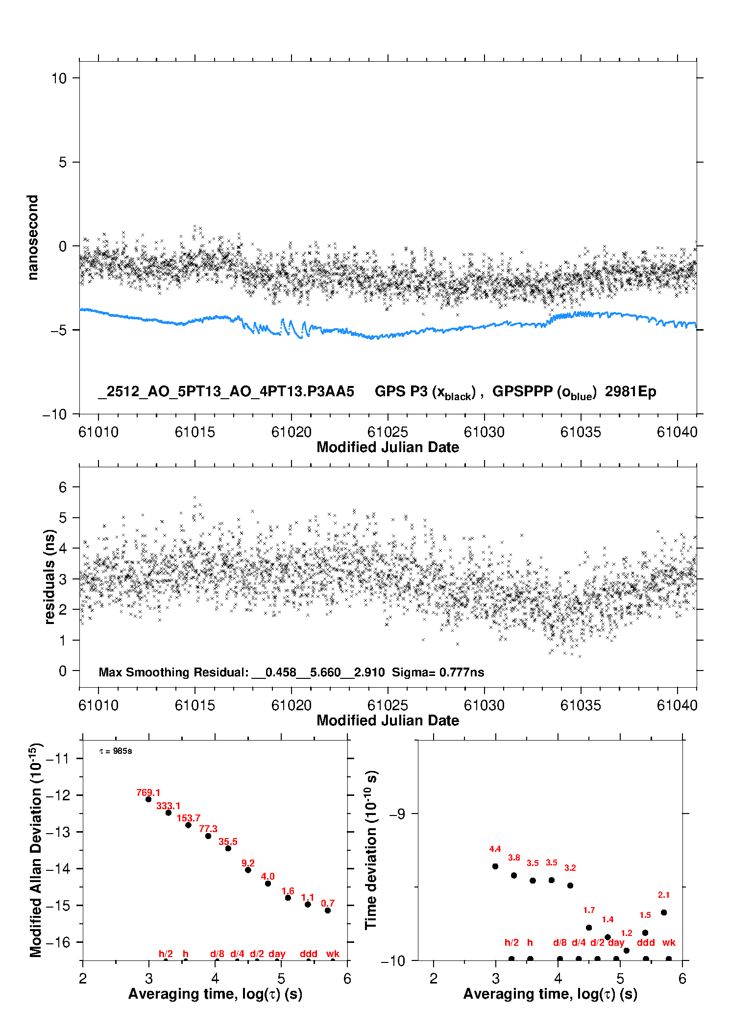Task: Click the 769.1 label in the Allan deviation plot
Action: (148, 792)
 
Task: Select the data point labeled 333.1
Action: (169, 813)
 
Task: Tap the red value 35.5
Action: (228, 841)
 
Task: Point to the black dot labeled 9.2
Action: (248, 870)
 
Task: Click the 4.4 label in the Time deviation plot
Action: (495, 849)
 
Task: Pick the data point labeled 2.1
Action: (664, 912)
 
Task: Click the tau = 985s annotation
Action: (116, 751)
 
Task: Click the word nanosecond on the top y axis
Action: (33, 238)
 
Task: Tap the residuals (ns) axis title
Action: (49, 577)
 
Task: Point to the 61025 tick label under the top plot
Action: (388, 432)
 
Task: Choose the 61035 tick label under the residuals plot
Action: (581, 705)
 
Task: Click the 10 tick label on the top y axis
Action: (59, 78)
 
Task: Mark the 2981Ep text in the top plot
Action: (630, 391)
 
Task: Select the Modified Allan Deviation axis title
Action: (36, 850)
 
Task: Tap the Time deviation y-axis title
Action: (371, 850)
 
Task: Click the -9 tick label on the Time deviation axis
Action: (397, 814)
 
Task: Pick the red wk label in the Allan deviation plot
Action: (333, 954)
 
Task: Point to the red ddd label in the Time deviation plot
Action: (646, 942)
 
